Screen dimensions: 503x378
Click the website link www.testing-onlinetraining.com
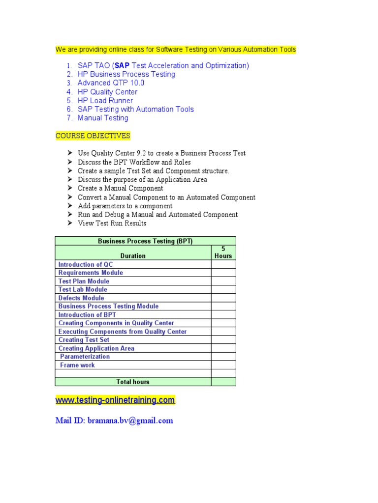click(x=115, y=400)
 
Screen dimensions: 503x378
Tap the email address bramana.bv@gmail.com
click(x=130, y=420)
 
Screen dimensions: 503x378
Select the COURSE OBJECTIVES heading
click(x=93, y=136)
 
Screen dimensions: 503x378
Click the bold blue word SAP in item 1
click(x=122, y=66)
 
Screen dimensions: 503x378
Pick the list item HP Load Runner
click(x=105, y=101)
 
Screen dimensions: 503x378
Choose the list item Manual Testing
click(x=102, y=118)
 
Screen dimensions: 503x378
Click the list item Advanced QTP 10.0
click(x=111, y=83)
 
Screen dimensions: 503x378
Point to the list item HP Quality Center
click(x=107, y=92)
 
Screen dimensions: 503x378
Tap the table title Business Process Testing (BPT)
click(x=145, y=241)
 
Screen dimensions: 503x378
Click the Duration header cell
click(x=133, y=256)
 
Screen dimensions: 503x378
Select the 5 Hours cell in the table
click(x=223, y=252)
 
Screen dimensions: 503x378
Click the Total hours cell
click(x=133, y=382)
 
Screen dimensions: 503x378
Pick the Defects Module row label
click(x=81, y=298)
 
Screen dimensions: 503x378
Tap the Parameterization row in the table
click(x=85, y=357)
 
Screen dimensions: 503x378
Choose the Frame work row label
click(x=77, y=365)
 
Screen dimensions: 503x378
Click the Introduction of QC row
click(x=86, y=265)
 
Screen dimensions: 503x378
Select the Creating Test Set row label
click(x=84, y=340)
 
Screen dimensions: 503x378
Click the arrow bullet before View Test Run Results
click(x=70, y=224)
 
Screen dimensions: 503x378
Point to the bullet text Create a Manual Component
click(x=121, y=188)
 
